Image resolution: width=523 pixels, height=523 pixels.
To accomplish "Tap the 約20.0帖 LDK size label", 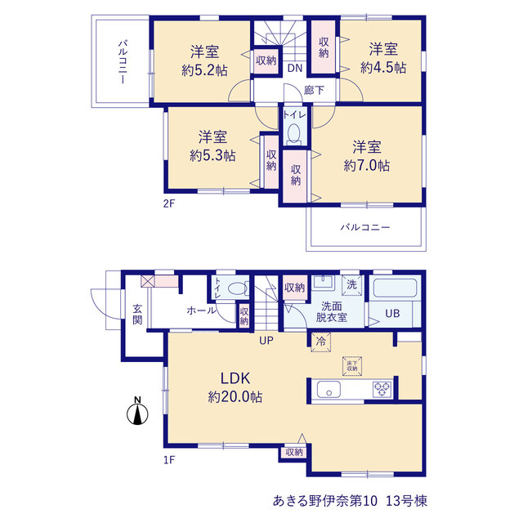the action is (235, 397).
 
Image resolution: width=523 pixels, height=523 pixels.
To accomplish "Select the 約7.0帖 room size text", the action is (367, 165).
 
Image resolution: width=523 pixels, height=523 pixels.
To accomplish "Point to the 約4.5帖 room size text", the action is (383, 68).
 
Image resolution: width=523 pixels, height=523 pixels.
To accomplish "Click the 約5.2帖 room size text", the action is (204, 70).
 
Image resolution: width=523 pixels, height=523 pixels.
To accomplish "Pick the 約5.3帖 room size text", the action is (212, 156).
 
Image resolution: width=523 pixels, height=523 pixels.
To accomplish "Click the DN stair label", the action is (295, 69).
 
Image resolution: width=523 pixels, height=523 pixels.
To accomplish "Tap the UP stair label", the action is (266, 341).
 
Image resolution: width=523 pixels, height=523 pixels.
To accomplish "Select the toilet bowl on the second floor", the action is (294, 132).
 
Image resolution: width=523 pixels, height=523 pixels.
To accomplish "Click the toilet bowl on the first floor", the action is (237, 288).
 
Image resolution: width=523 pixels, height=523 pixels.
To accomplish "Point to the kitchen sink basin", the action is (329, 389).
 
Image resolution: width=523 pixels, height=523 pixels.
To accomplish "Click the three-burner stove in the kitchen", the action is (382, 389).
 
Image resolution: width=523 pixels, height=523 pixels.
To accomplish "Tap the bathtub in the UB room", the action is (395, 288).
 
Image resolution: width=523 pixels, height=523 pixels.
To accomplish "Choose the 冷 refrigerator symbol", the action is (321, 342).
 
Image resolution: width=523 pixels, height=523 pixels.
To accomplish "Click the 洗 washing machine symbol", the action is (352, 285).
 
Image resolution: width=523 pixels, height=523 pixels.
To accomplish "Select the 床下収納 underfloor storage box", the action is (352, 366).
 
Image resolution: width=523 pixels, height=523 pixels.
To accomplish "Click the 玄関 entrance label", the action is (137, 314).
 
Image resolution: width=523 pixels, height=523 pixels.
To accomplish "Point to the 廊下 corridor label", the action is (314, 90).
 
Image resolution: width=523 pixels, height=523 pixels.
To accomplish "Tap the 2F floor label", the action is (169, 203).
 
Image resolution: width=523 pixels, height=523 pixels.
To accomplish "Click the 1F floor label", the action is (169, 460).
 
